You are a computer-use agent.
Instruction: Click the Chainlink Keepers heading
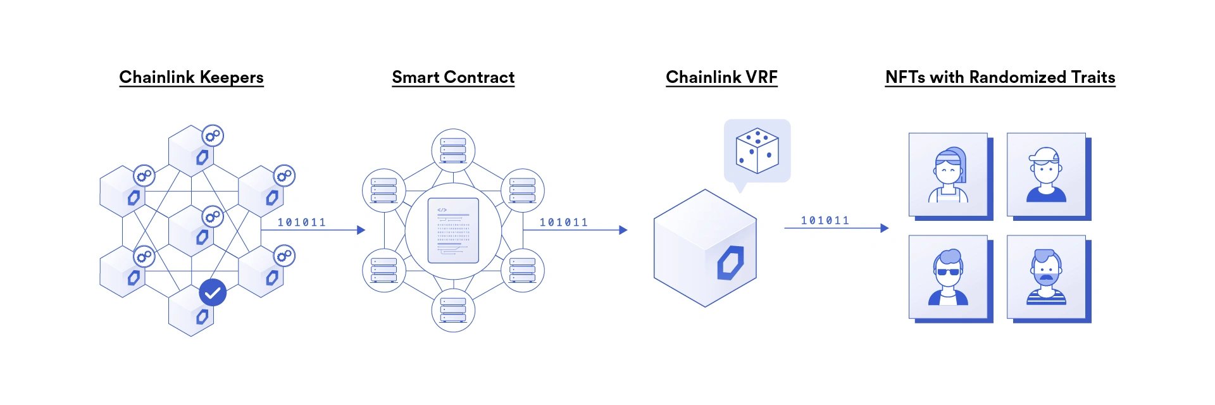point(191,77)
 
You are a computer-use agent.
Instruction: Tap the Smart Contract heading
point(453,77)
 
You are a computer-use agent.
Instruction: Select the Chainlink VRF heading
point(721,77)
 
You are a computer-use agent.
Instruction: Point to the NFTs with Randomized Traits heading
point(1000,77)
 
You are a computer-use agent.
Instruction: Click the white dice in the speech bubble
point(757,151)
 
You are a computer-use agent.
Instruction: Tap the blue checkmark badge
point(213,292)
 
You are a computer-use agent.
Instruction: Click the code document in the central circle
point(453,230)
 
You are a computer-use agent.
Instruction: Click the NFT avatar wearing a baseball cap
point(1046,175)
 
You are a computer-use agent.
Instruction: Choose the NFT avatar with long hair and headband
point(948,175)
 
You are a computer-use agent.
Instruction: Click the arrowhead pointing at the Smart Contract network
point(361,230)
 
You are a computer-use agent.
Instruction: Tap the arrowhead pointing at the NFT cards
point(885,228)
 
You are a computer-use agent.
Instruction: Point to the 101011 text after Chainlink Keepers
point(302,222)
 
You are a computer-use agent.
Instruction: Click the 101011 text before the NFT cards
point(825,220)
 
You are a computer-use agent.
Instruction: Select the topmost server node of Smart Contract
point(453,151)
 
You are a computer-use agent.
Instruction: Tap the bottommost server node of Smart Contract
point(453,310)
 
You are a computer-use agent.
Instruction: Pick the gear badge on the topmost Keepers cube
point(213,135)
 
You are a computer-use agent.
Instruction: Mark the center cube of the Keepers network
point(191,230)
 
